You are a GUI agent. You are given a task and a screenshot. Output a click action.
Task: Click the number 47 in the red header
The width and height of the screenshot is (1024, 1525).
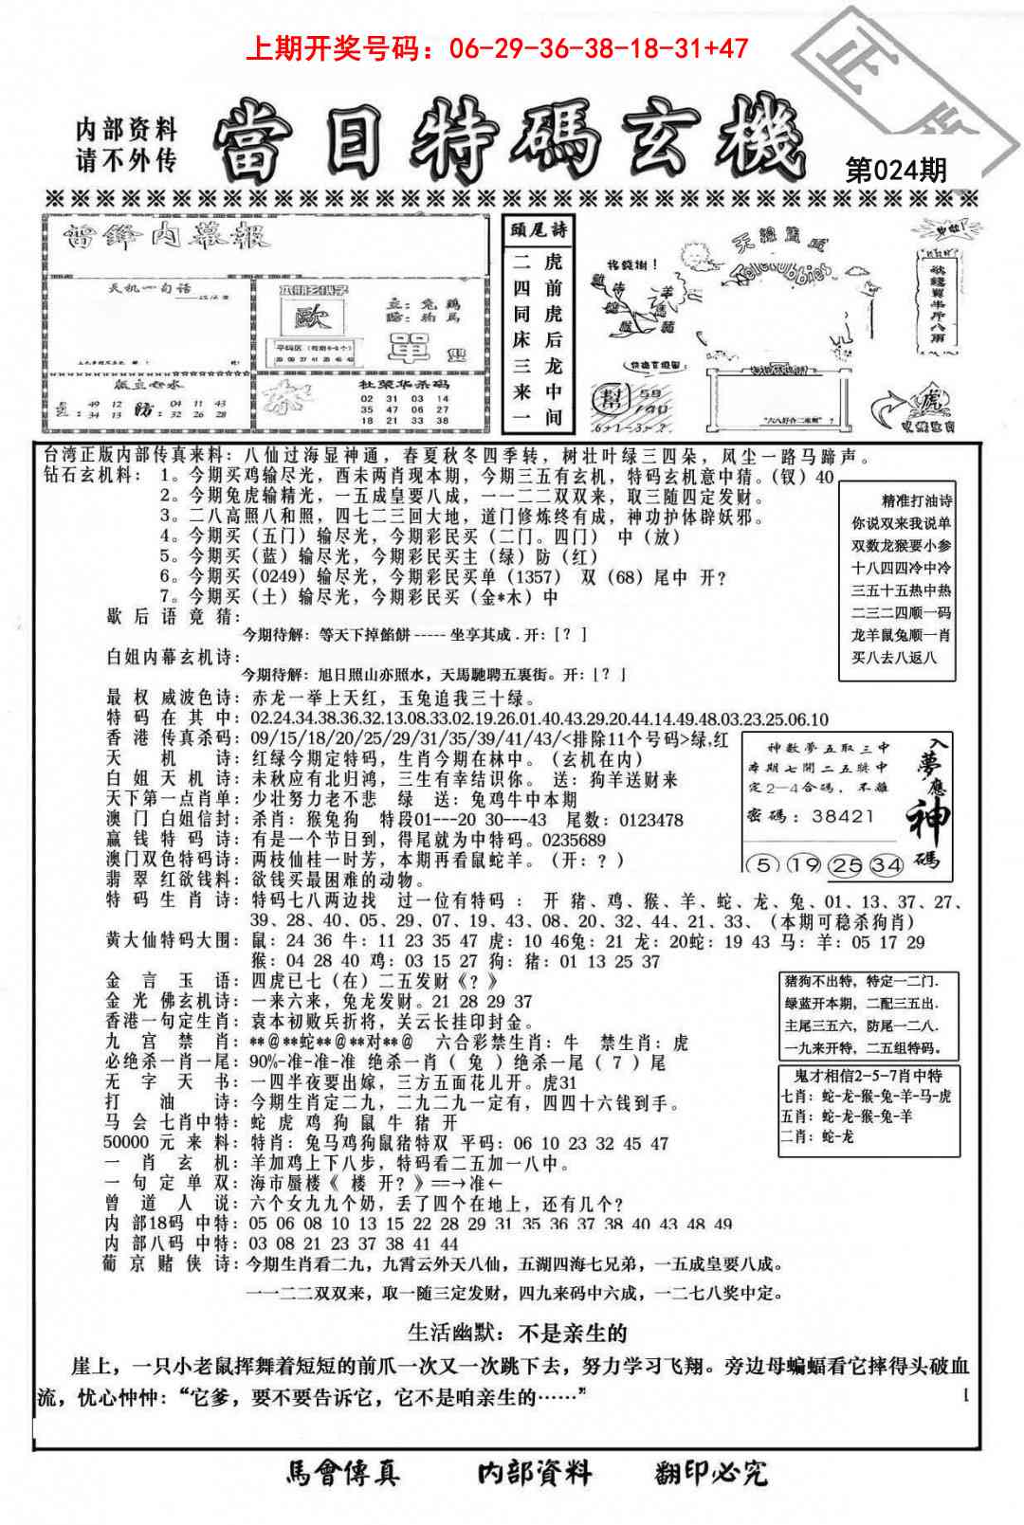point(730,47)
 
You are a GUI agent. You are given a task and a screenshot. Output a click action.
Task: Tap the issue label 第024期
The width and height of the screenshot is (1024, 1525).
point(895,170)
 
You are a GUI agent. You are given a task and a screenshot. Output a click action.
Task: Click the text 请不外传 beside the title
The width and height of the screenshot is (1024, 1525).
point(126,159)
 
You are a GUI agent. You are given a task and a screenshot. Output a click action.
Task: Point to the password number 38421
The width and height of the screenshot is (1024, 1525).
point(841,815)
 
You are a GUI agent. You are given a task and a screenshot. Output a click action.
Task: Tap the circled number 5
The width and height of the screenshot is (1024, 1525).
point(759,864)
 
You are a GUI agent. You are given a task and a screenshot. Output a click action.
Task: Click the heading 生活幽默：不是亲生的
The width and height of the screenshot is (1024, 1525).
point(517,1333)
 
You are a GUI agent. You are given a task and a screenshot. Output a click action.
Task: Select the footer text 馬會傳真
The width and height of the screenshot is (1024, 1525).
point(342,1472)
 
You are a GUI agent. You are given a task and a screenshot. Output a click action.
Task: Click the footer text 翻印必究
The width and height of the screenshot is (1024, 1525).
point(710,1472)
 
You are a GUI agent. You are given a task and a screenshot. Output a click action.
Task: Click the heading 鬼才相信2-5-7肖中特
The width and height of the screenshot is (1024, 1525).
point(869,1076)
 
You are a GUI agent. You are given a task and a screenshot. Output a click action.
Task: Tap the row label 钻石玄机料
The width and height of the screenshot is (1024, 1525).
point(91,476)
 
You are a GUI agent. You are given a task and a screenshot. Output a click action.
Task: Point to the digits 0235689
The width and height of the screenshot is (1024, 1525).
point(573,840)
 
